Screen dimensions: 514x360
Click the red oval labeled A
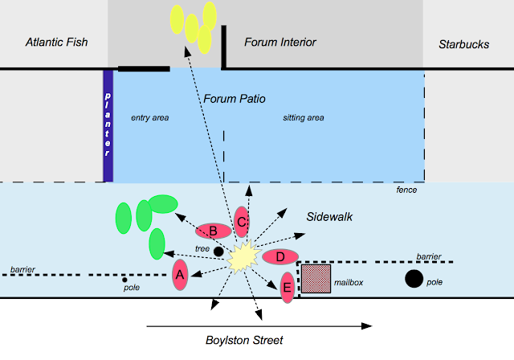click(x=180, y=275)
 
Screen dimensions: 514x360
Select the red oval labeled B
click(x=214, y=231)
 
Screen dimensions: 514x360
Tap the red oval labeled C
click(x=242, y=222)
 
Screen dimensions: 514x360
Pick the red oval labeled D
click(x=280, y=256)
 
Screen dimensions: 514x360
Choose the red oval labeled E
click(x=288, y=288)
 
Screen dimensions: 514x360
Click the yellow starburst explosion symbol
click(x=244, y=256)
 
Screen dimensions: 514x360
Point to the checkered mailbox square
click(x=316, y=279)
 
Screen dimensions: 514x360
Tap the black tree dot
click(x=218, y=252)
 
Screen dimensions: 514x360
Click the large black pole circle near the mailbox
click(x=414, y=279)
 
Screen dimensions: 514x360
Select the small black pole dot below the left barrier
click(x=124, y=280)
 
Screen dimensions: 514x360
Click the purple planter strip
click(x=108, y=125)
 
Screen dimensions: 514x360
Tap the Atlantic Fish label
click(x=57, y=42)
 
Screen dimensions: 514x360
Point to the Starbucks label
click(x=464, y=44)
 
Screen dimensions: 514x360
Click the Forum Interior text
click(x=280, y=42)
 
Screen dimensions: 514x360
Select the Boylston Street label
click(x=244, y=341)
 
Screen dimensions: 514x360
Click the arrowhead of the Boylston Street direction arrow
click(x=367, y=326)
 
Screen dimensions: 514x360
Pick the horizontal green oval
click(x=163, y=204)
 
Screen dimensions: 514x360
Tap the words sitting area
click(x=304, y=117)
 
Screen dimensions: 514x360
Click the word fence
click(x=406, y=190)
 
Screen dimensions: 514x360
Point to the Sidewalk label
click(x=329, y=217)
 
